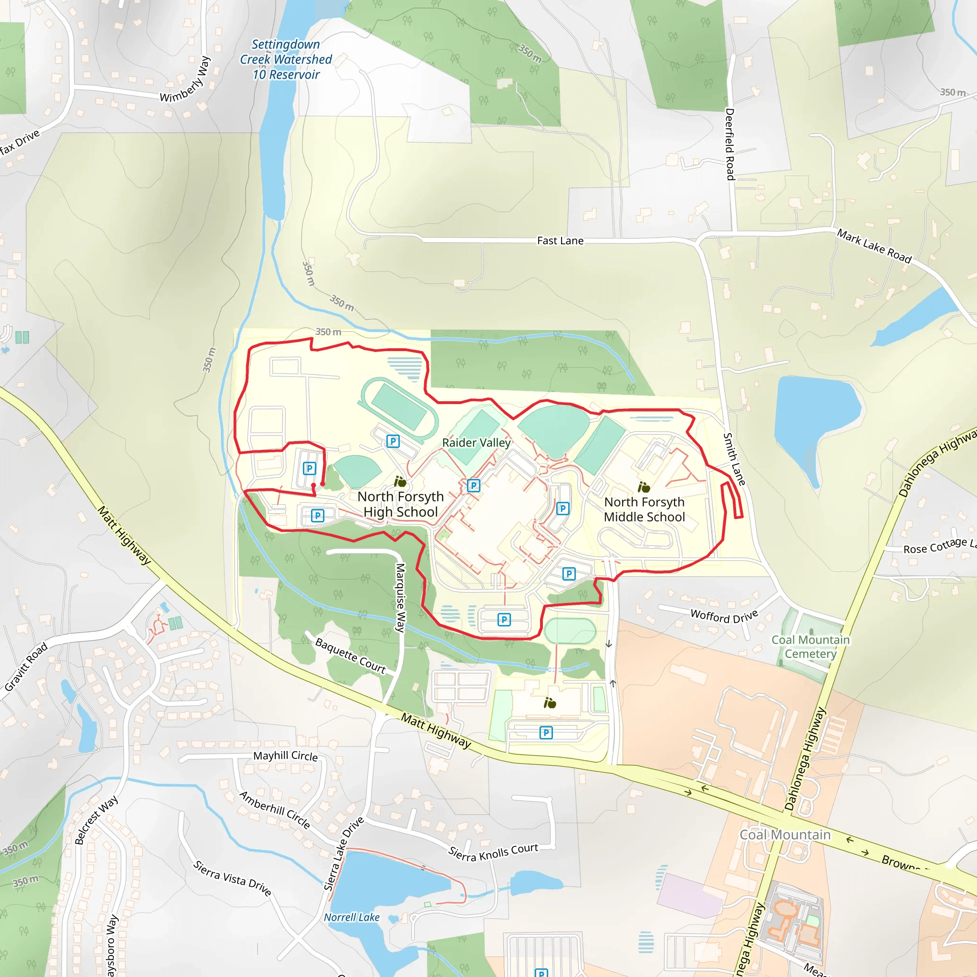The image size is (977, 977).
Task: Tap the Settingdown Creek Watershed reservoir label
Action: [x=286, y=60]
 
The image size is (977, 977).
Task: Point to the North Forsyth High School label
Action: [x=401, y=504]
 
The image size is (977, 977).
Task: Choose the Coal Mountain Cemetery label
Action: [x=810, y=646]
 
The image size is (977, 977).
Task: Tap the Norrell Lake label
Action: [x=352, y=917]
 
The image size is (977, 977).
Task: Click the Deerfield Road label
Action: [x=730, y=144]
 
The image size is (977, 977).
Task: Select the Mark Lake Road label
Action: [x=874, y=246]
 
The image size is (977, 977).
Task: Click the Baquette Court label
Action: [x=351, y=656]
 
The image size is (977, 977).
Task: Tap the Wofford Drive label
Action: [x=724, y=616]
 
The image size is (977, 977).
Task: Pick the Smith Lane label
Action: [x=734, y=459]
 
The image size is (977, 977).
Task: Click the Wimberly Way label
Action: [x=185, y=80]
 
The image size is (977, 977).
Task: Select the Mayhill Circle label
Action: [x=286, y=756]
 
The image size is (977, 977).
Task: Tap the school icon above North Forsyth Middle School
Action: [x=643, y=487]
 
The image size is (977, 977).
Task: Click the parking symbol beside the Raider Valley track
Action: [x=393, y=441]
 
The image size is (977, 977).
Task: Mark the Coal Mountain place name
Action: [x=785, y=835]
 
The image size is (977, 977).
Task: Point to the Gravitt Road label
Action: [x=26, y=666]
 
